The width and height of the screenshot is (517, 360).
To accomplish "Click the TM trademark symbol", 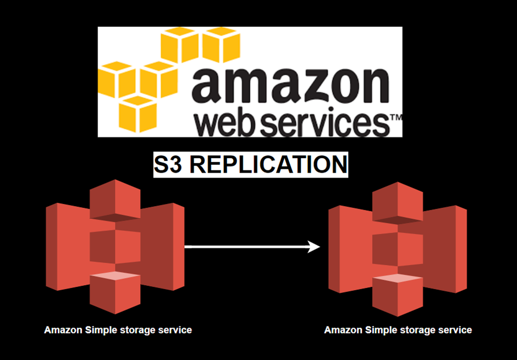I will tap(396, 118).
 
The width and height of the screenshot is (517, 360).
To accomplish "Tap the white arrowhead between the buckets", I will tap(314, 247).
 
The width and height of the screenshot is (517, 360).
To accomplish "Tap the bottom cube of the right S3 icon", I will tap(397, 295).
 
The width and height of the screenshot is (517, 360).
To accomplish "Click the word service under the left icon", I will tap(176, 330).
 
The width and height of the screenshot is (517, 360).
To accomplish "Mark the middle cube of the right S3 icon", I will tap(397, 248).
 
